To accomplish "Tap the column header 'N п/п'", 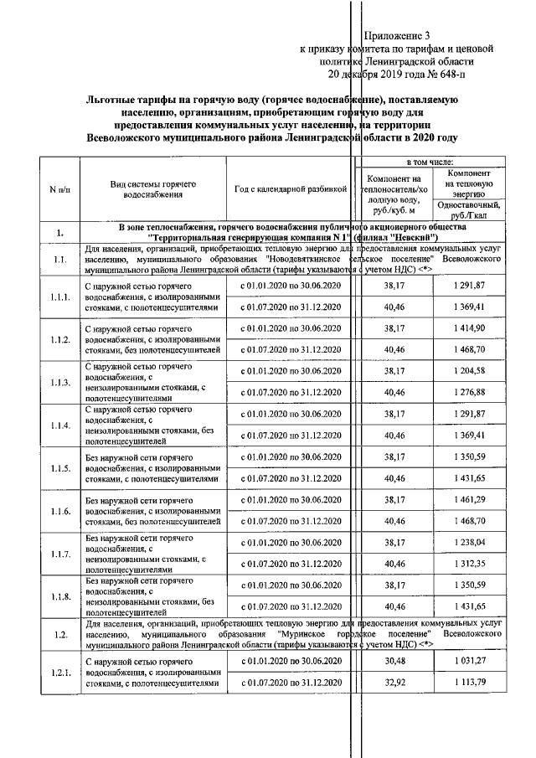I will (59, 189).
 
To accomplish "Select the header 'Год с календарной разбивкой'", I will (291, 189).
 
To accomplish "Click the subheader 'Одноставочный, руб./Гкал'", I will (469, 209).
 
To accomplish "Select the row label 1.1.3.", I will (59, 382).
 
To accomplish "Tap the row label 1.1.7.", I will (59, 554).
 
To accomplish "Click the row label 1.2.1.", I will (59, 674).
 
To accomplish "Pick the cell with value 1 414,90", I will (469, 327).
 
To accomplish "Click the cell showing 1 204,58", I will (469, 370).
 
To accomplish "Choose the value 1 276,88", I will (469, 393).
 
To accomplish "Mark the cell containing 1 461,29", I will (469, 500).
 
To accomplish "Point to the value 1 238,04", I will (469, 543).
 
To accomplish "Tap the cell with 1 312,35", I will (469, 565).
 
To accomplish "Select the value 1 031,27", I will (469, 663).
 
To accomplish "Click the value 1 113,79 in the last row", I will (469, 686).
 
